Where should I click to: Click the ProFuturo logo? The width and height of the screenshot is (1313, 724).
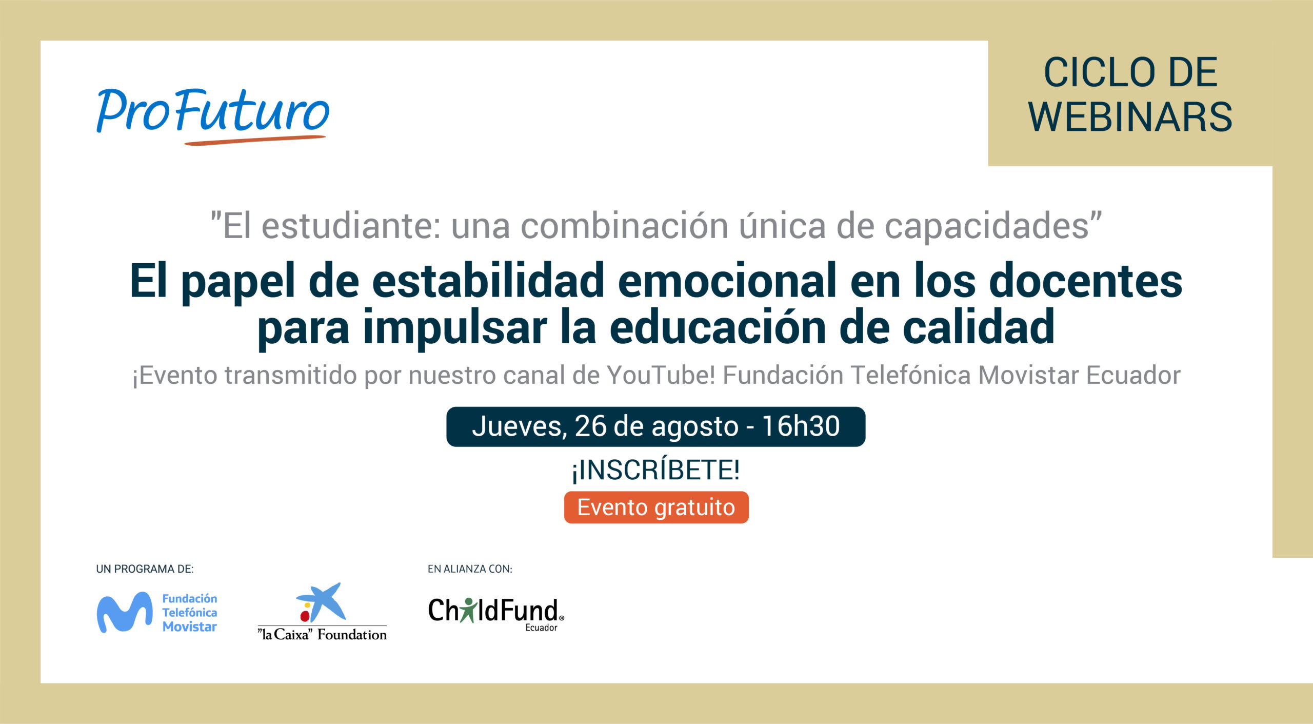tap(212, 116)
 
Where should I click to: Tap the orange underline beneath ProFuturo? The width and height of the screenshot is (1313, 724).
tap(255, 140)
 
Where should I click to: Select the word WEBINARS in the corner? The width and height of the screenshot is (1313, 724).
tap(1130, 117)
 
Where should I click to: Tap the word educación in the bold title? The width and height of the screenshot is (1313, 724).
tap(718, 327)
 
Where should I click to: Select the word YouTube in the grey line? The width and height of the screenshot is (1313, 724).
tap(661, 375)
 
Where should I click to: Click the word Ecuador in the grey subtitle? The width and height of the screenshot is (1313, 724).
tap(1133, 375)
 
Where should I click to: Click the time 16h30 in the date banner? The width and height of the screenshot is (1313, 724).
tap(801, 426)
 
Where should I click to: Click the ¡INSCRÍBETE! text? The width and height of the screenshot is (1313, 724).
tap(656, 470)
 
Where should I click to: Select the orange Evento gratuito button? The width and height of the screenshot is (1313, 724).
tap(656, 507)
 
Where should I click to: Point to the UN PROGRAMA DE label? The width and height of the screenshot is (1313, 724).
tap(145, 569)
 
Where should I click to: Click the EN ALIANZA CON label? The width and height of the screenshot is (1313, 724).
tap(470, 569)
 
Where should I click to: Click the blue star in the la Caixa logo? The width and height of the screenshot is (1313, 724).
tap(322, 601)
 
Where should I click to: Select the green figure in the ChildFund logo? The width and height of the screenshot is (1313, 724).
tap(468, 610)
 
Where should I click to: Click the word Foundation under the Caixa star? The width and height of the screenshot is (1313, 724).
tap(352, 635)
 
